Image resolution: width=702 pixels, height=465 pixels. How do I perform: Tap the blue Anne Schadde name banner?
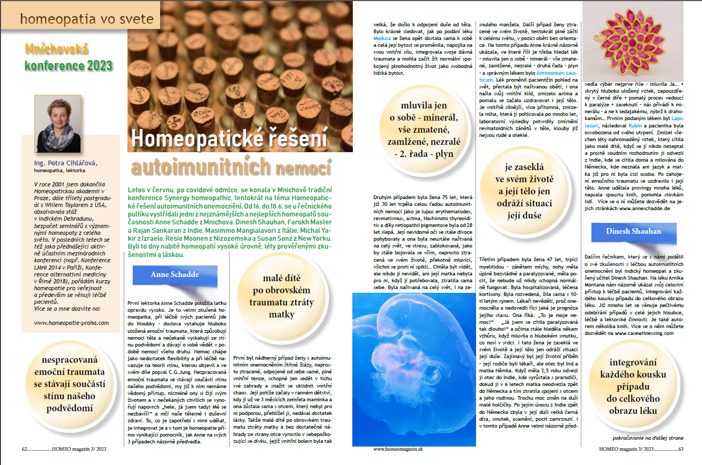pos(175,274)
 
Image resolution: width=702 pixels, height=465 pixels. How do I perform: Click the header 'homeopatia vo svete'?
pos(87,19)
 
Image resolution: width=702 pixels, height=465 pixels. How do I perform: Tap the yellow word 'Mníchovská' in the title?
pos(56,50)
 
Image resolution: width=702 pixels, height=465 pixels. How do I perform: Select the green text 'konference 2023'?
pos(68,66)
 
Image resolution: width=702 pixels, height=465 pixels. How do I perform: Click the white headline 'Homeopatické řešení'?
pos(229,140)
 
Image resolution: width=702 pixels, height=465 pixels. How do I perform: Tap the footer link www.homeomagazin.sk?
pos(398,449)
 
